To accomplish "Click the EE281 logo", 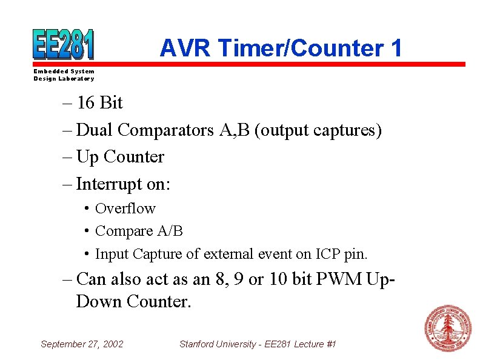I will [63, 44].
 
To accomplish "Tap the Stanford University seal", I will [447, 328].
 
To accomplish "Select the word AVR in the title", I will [185, 48].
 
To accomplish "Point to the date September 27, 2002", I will [81, 344].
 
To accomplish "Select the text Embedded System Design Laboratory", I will [64, 75].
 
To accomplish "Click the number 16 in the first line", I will [86, 103].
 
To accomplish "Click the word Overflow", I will [125, 208].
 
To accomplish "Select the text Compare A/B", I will [139, 231].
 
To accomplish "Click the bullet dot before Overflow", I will [87, 208].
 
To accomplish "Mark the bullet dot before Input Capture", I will [87, 253].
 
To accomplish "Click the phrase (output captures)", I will [318, 130].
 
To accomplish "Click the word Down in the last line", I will [99, 301].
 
